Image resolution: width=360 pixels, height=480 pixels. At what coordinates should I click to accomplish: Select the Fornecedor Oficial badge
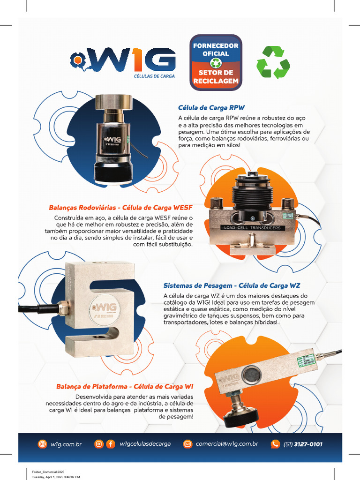pos(216,62)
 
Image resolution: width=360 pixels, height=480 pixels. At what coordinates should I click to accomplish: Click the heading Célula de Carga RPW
pos(211,107)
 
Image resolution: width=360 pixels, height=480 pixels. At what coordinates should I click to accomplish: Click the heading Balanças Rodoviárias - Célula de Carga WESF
pos(120,207)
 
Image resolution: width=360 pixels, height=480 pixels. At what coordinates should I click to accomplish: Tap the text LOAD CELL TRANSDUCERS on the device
pos(251,228)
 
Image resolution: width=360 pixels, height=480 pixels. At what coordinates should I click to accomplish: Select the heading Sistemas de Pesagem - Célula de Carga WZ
pos(232,285)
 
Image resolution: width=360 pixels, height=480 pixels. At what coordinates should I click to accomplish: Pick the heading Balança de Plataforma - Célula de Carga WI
pos(125,387)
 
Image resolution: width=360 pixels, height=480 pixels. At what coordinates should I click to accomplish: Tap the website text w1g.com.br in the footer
pos(66,444)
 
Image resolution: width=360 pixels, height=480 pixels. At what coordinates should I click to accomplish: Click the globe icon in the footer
pos(42,444)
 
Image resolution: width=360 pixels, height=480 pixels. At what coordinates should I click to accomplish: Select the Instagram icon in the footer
pos(99,444)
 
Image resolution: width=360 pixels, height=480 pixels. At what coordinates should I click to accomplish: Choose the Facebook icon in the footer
pos(110,444)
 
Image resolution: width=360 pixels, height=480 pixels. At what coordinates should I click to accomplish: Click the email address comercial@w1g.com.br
pos(227,444)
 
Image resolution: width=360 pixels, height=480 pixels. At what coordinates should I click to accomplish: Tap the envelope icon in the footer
pos(187,444)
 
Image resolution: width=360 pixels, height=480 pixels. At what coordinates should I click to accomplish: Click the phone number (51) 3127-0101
pos(303,444)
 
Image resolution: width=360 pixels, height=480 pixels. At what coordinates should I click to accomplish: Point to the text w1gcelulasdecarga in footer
pos(145,444)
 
